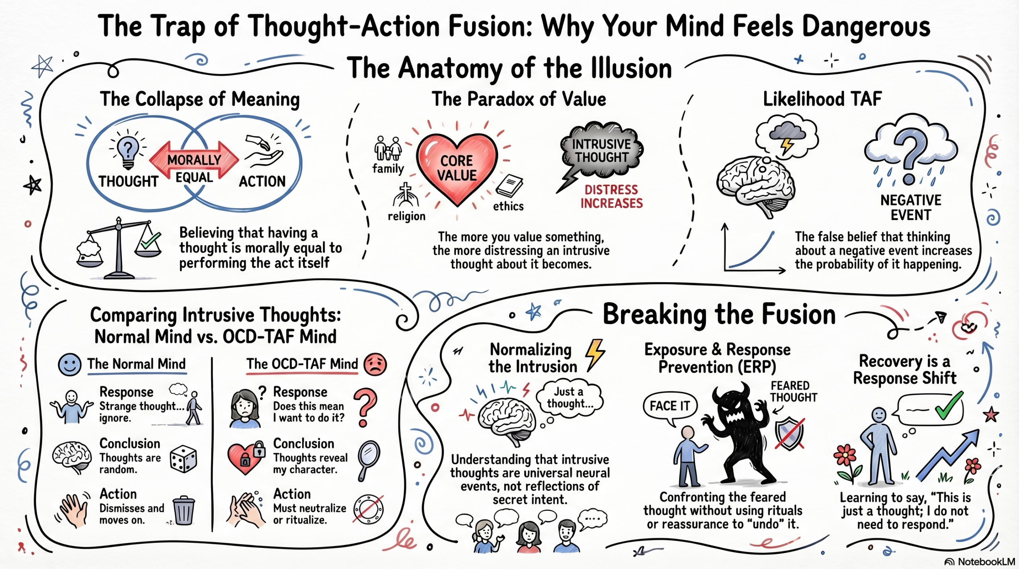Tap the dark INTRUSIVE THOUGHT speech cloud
(601, 151)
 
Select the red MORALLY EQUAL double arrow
(194, 161)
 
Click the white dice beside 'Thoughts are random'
(183, 459)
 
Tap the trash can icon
(184, 510)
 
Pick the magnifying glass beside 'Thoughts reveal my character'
(369, 460)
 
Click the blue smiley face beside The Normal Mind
(70, 364)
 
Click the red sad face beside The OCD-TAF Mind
(375, 364)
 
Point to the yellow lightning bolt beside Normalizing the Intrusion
(595, 354)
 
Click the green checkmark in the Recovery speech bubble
(949, 407)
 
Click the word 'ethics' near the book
(508, 206)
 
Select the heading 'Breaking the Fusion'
(719, 315)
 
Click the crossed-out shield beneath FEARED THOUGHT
(789, 434)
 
